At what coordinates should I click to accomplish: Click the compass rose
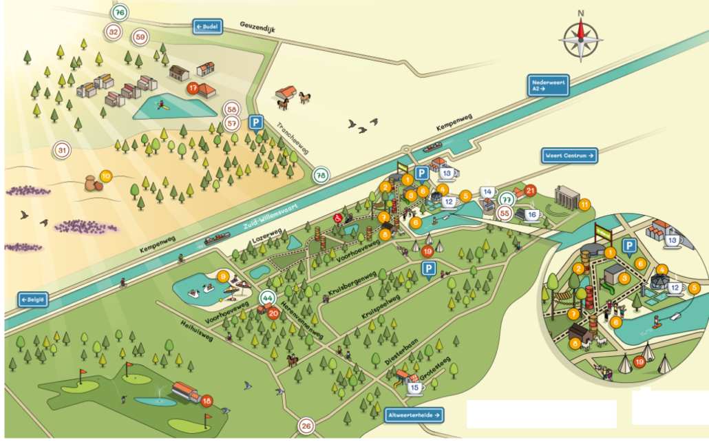[580, 39]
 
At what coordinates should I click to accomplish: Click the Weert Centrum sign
[569, 156]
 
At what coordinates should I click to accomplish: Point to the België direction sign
[33, 300]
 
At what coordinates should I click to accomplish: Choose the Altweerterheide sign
[414, 414]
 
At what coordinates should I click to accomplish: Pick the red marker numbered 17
[193, 88]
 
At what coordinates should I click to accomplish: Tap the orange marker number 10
[105, 176]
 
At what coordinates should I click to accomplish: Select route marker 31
[62, 149]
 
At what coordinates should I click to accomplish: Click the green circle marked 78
[321, 176]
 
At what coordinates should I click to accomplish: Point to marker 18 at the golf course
[207, 399]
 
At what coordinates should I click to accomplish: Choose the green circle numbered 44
[267, 299]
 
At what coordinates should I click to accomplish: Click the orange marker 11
[584, 204]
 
